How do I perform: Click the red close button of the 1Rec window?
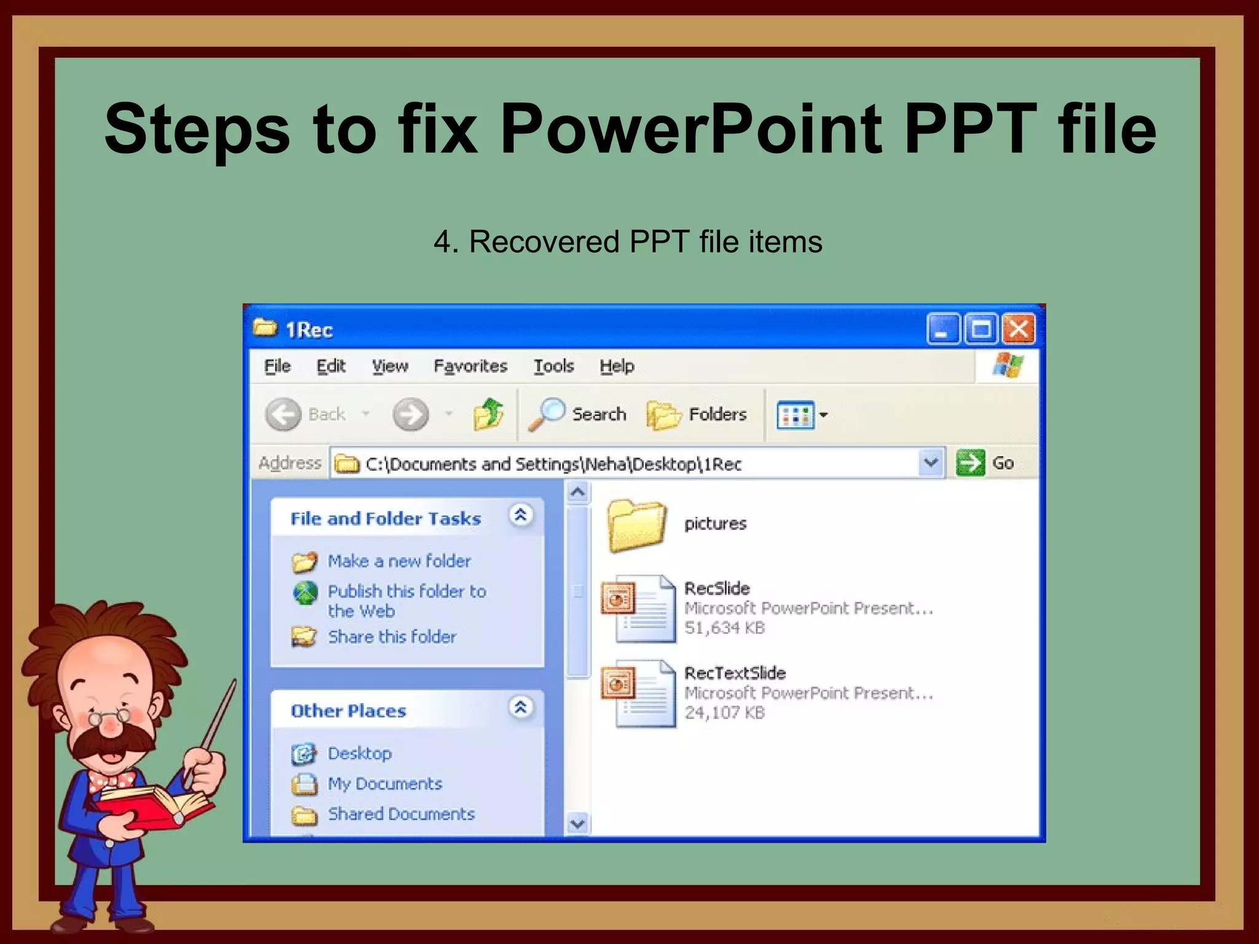(x=1019, y=329)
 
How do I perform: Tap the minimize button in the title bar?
(x=942, y=329)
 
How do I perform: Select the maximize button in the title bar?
(x=981, y=329)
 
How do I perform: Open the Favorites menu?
(x=470, y=366)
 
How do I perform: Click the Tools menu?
(x=553, y=366)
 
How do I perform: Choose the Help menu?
(x=617, y=366)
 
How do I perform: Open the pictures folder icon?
(x=636, y=524)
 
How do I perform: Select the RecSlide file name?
(x=717, y=588)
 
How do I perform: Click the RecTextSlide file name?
(x=735, y=673)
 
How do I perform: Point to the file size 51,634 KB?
(x=724, y=628)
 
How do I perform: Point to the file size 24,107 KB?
(x=724, y=713)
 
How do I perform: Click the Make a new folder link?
(x=399, y=561)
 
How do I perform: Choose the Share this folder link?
(x=392, y=637)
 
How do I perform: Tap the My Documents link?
(x=384, y=784)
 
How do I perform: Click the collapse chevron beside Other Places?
(x=520, y=707)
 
